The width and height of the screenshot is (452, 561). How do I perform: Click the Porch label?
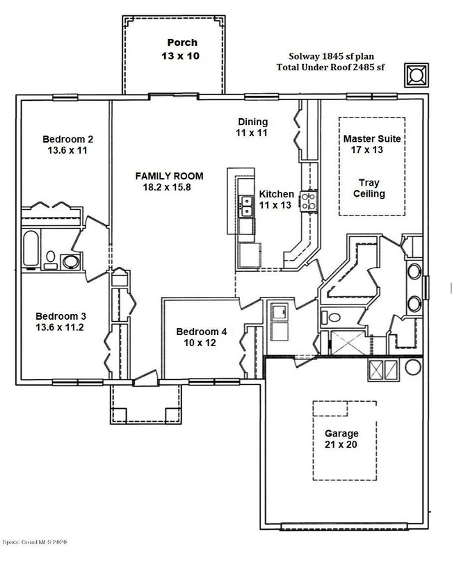coord(182,42)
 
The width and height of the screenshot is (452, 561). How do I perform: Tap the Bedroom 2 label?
coord(67,139)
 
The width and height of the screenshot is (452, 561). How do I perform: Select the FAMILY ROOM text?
coord(169,176)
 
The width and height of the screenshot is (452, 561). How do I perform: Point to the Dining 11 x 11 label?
coord(252,127)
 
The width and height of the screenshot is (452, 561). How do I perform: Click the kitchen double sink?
coord(247,206)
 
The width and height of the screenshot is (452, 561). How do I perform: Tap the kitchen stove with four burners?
coord(309,201)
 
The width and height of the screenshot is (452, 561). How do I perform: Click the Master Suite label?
coord(372,138)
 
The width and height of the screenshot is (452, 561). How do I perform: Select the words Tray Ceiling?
coord(369,188)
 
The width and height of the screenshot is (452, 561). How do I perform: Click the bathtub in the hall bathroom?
coord(31,249)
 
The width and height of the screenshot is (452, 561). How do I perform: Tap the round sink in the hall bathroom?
coord(71,261)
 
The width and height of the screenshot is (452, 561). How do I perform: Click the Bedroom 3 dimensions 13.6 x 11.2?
coord(59,327)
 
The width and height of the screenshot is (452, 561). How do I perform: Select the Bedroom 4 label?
coord(201,332)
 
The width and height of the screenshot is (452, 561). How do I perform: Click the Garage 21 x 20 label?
coord(341,439)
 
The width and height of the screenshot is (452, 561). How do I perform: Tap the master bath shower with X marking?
coord(348,343)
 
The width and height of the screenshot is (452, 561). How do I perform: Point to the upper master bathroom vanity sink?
coord(414,272)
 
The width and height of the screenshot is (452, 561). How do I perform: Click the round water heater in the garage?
coord(412,367)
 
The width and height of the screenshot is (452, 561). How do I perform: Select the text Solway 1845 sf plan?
coord(332,56)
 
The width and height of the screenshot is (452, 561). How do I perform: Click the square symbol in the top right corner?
coord(417,75)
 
